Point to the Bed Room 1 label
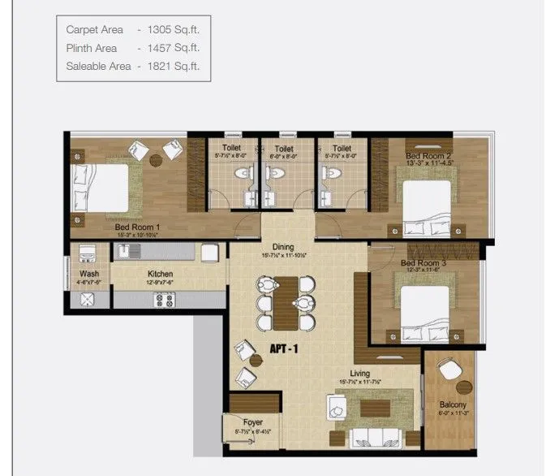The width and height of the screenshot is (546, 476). pyautogui.click(x=136, y=227)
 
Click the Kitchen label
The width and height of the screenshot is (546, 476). pyautogui.click(x=160, y=274)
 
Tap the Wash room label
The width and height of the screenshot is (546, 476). pyautogui.click(x=89, y=274)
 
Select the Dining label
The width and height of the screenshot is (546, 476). pyautogui.click(x=283, y=247)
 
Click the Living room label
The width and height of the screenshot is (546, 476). pyautogui.click(x=361, y=373)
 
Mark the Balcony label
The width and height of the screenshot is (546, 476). pyautogui.click(x=453, y=404)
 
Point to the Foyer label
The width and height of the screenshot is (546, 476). pyautogui.click(x=252, y=422)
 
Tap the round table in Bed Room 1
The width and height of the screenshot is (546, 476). pyautogui.click(x=156, y=160)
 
